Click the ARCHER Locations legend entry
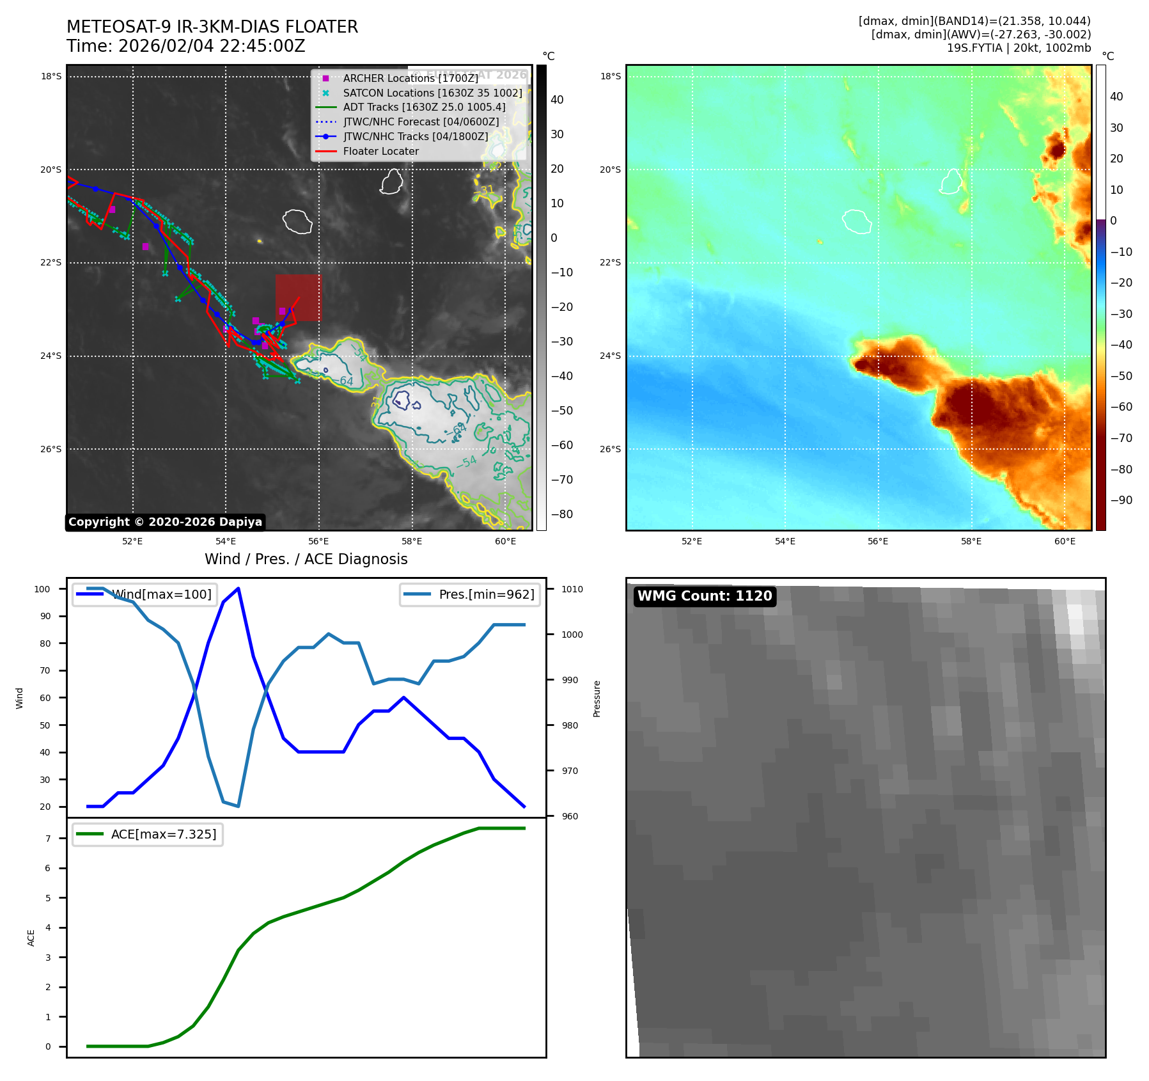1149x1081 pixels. [x=410, y=78]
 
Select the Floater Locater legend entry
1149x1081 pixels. [x=380, y=152]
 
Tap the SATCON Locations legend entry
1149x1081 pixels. [x=432, y=93]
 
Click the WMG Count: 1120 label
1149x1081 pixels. [x=704, y=596]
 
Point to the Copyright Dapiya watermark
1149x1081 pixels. [x=165, y=522]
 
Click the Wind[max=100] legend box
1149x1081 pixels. [x=145, y=594]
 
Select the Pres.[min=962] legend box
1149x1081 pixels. [x=470, y=594]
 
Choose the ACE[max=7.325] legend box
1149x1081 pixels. [x=148, y=834]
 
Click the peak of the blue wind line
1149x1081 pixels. [x=238, y=588]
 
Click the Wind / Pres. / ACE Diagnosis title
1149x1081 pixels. [x=306, y=559]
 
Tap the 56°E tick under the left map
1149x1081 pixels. [x=318, y=541]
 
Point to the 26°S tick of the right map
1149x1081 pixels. [x=610, y=449]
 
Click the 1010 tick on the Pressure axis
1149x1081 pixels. [x=572, y=589]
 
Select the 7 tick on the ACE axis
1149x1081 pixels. [x=48, y=839]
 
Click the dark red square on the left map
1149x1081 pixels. [x=299, y=297]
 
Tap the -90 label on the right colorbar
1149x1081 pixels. [x=1121, y=500]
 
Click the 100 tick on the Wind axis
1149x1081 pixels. [x=42, y=589]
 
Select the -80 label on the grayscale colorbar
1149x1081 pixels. [x=562, y=514]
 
